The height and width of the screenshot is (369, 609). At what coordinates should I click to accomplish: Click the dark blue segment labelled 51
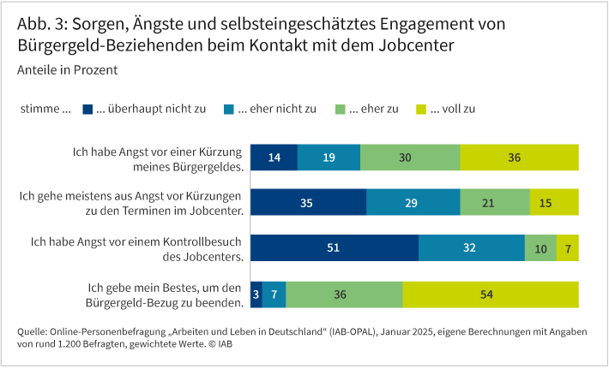tap(334, 248)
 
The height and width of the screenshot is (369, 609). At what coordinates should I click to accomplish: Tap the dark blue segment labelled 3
tap(256, 294)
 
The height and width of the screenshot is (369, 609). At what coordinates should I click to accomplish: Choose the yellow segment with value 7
tap(567, 248)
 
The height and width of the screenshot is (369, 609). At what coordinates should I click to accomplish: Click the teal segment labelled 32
tap(472, 248)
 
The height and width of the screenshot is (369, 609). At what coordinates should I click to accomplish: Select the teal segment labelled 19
tap(329, 158)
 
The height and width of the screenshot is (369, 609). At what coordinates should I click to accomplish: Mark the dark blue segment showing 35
tap(308, 203)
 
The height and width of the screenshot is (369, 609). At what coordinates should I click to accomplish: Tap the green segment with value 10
tap(540, 248)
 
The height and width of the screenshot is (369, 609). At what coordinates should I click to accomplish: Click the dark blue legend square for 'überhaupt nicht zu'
tap(87, 109)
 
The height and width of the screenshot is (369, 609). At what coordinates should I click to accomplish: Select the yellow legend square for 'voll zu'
tap(420, 109)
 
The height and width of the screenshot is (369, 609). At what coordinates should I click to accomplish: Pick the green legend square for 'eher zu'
tap(341, 109)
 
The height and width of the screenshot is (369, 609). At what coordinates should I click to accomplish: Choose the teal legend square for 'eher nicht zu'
tap(229, 109)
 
